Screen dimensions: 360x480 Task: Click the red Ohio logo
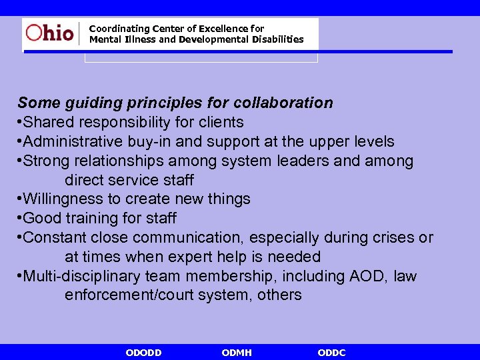(x=49, y=33)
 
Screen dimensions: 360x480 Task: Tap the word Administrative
(x=73, y=142)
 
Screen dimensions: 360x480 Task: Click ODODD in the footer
(x=143, y=353)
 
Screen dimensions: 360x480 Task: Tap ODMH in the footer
(x=237, y=353)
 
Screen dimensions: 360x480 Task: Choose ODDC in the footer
(x=332, y=353)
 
